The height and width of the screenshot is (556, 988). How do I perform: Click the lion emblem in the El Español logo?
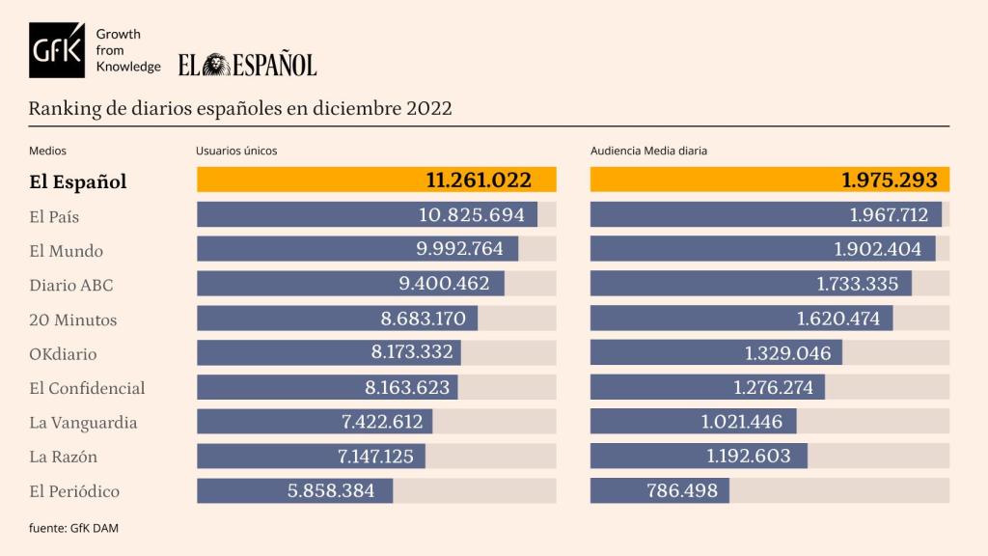click(215, 65)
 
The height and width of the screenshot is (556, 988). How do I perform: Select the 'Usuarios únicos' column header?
click(236, 151)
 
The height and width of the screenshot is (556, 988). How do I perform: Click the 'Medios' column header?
click(47, 151)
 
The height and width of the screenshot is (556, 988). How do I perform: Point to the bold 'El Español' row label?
click(78, 181)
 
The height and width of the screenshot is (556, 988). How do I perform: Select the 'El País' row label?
click(54, 216)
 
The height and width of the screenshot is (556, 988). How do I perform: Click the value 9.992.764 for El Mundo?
click(459, 249)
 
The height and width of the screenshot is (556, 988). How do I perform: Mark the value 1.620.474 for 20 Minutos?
click(838, 319)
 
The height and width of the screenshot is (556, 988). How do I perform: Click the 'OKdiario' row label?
click(63, 354)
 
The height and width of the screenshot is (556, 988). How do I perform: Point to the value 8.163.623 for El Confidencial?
click(406, 388)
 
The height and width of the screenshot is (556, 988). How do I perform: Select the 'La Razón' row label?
click(64, 457)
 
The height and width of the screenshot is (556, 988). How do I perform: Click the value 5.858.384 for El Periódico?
click(331, 490)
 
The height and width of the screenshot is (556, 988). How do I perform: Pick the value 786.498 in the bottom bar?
click(681, 490)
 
